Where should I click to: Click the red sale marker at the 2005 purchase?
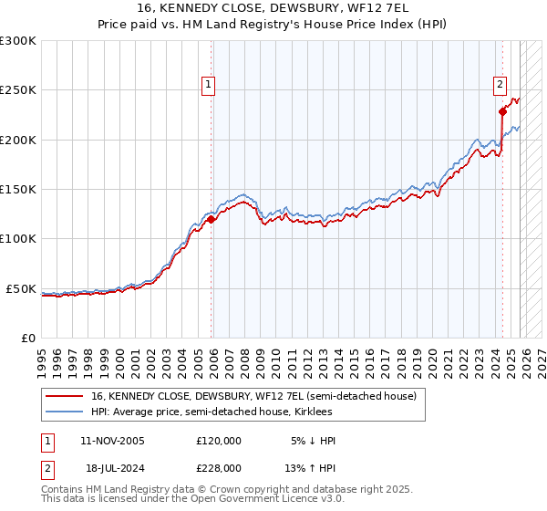click(x=212, y=219)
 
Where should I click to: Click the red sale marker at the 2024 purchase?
click(x=502, y=112)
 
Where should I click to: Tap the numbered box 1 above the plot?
click(x=209, y=85)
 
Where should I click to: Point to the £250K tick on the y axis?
click(x=18, y=90)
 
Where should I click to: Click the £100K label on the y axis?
click(x=18, y=238)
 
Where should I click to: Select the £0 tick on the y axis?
click(x=27, y=338)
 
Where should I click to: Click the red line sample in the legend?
click(x=65, y=396)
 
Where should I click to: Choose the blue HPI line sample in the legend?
click(x=65, y=412)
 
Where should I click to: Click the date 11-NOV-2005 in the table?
click(x=112, y=441)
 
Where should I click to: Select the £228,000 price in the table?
click(x=219, y=467)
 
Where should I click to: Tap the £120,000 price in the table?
click(x=219, y=441)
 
